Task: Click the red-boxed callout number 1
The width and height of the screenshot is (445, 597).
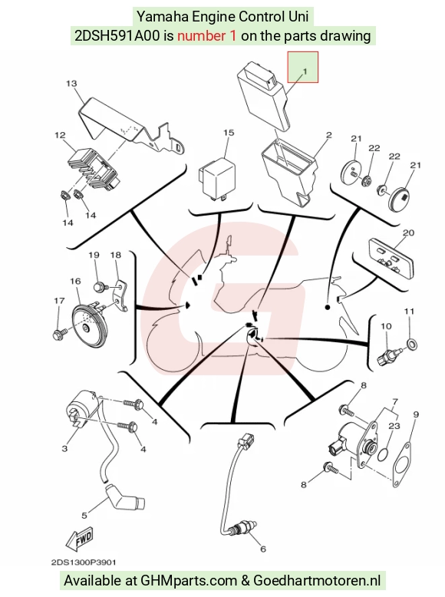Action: point(305,71)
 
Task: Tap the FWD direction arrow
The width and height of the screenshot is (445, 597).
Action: point(79,539)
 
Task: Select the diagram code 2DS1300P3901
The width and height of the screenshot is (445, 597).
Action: point(84,562)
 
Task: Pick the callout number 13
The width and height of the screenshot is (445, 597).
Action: point(71,84)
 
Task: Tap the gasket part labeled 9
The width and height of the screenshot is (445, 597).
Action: point(402,464)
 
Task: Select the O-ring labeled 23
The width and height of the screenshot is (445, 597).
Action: point(384,454)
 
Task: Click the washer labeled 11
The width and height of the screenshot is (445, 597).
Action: point(412,345)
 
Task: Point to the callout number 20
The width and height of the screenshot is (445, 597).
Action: point(408,233)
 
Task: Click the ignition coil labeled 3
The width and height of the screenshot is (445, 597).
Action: point(83,412)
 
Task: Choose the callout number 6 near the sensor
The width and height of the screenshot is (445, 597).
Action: point(263,549)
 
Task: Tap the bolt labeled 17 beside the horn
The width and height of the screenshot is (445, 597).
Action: point(59,334)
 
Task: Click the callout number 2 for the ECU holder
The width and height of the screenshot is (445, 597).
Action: point(329,135)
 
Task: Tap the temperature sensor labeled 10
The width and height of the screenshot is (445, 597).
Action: point(387,354)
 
